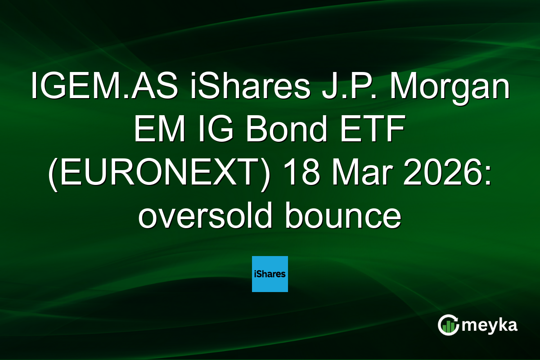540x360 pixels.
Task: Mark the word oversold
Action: click(x=204, y=217)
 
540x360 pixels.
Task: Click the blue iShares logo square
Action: click(x=270, y=274)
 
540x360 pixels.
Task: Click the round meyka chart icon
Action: click(x=448, y=325)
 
